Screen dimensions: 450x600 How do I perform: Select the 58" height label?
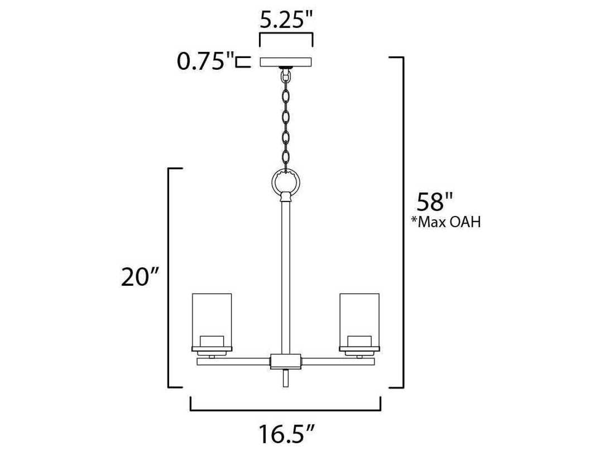[x=434, y=202]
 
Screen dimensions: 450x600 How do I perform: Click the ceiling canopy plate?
[x=286, y=62]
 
